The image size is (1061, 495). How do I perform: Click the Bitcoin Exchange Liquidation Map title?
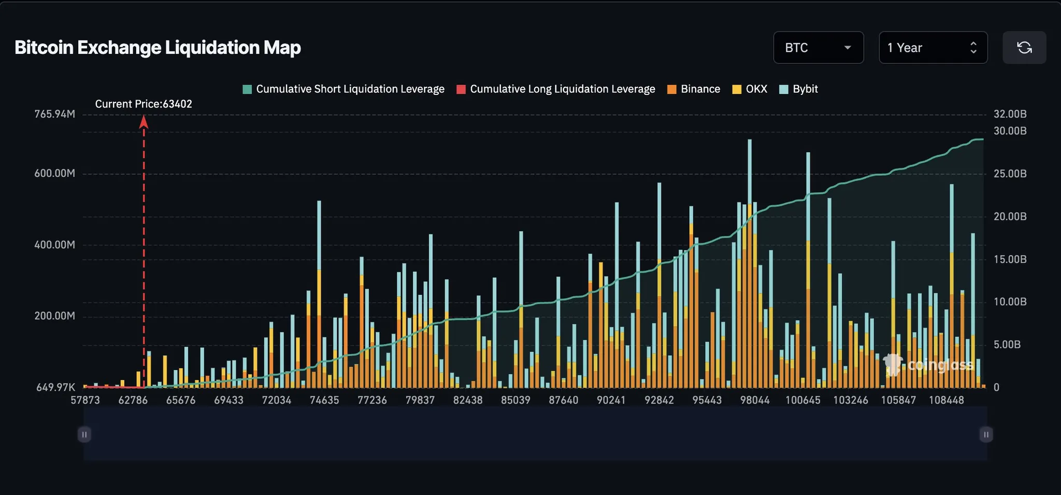coord(157,48)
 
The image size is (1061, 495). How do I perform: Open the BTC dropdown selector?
coord(818,48)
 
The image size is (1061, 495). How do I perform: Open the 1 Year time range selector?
coord(933,48)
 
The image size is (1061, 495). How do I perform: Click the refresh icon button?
coord(1024,48)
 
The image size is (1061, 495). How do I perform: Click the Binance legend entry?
coord(694,89)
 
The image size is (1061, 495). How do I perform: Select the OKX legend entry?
coord(750,89)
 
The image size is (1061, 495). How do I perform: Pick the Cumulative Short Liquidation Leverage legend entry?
coord(343,89)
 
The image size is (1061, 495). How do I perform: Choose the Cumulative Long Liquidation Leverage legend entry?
coord(555,89)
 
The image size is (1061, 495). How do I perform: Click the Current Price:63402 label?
coord(144,104)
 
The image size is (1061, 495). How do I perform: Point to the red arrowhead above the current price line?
coord(144,122)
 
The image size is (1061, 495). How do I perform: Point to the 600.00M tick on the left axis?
coord(54,174)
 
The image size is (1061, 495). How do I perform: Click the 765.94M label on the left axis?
coord(54,114)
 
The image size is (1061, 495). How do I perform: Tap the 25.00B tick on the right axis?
coord(1010,174)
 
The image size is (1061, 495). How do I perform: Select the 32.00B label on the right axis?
coord(1010,114)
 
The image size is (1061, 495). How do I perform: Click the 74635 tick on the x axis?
coord(324,400)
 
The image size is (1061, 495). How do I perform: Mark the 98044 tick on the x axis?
coord(755,400)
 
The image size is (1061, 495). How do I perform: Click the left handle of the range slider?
coord(84,434)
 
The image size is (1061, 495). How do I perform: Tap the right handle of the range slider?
coord(986,434)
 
